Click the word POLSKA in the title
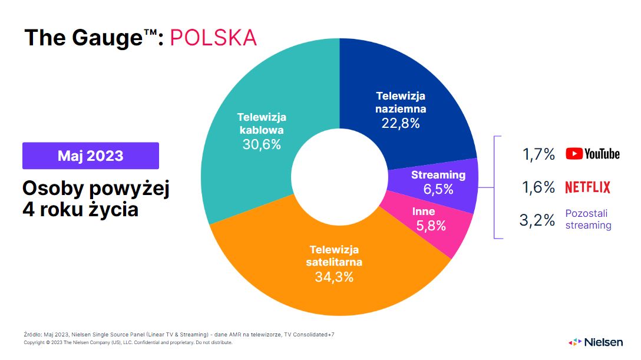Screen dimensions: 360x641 pos(213,37)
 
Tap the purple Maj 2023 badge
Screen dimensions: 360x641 pos(91,156)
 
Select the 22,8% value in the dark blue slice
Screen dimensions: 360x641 pos(401,123)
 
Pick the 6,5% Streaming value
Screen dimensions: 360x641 pos(438,189)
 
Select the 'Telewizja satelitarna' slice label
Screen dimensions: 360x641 pos(333,256)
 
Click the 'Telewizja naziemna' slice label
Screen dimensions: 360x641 pos(401,102)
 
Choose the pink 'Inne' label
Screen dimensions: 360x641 pos(424,212)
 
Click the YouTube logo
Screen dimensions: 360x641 pos(593,154)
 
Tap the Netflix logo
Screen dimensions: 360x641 pos(587,187)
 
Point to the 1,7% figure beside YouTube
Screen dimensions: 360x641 pos(538,154)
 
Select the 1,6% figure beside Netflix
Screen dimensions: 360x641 pos(538,187)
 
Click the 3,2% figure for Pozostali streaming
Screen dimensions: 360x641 pos(537,220)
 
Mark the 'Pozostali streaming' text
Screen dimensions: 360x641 pos(588,219)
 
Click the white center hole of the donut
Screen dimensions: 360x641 pos(340,177)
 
